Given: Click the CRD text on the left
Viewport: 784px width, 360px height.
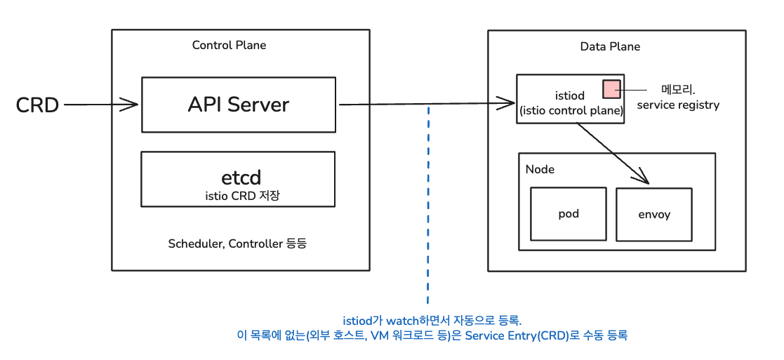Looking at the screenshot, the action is tap(37, 105).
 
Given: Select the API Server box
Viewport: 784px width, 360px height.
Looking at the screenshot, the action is tap(239, 105).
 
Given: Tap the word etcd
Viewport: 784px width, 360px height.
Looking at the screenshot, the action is tap(241, 178).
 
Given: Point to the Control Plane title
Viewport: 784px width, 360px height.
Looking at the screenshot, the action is tap(229, 45).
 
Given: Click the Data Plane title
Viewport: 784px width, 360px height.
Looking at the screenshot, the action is tap(610, 46).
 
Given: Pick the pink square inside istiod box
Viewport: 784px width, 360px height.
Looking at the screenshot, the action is tap(611, 88).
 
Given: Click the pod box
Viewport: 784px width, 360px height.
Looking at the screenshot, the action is tap(569, 214).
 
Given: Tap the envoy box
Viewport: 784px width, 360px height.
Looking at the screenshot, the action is tap(654, 215).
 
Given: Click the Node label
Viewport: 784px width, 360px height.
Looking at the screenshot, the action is tap(540, 170).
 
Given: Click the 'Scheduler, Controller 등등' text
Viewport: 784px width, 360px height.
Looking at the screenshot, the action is tap(237, 244).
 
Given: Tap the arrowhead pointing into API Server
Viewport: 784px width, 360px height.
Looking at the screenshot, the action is tap(131, 105).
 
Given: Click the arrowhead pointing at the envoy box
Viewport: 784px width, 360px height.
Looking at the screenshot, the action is tap(642, 176).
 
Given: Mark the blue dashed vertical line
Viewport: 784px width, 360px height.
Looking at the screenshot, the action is tap(428, 205).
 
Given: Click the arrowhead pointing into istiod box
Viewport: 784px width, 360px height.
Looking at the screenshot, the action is tap(506, 104).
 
